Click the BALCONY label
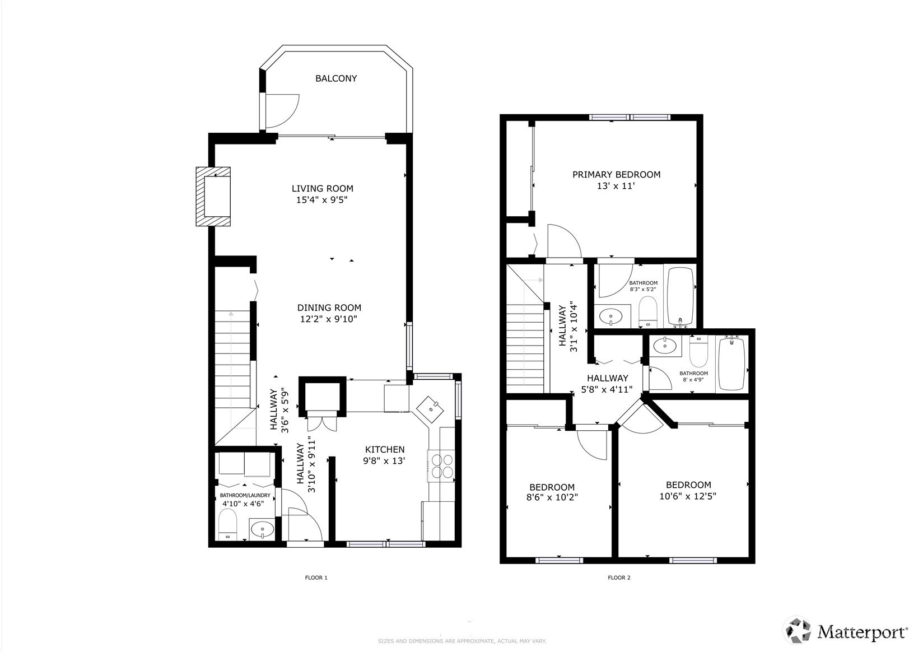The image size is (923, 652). (x=336, y=78)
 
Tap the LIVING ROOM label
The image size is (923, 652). (x=322, y=188)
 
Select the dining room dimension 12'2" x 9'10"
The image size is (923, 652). (x=328, y=319)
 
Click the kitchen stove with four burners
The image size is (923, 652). (x=441, y=466)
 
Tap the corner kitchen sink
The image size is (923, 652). (x=430, y=409)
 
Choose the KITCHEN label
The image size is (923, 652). (x=385, y=449)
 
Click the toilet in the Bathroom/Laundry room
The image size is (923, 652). (x=227, y=524)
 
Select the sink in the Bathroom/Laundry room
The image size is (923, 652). (x=262, y=529)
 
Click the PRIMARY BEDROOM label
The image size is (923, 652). (x=616, y=174)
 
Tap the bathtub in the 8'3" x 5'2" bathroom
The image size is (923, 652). (x=680, y=296)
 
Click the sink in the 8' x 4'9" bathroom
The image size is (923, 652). (x=665, y=346)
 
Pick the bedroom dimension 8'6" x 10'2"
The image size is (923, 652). (x=552, y=497)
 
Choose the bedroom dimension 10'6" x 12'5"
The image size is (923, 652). (x=688, y=496)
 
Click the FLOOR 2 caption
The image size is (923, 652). (x=619, y=578)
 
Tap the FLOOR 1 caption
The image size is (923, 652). (x=316, y=578)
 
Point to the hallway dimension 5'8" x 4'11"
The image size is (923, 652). (x=607, y=389)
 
